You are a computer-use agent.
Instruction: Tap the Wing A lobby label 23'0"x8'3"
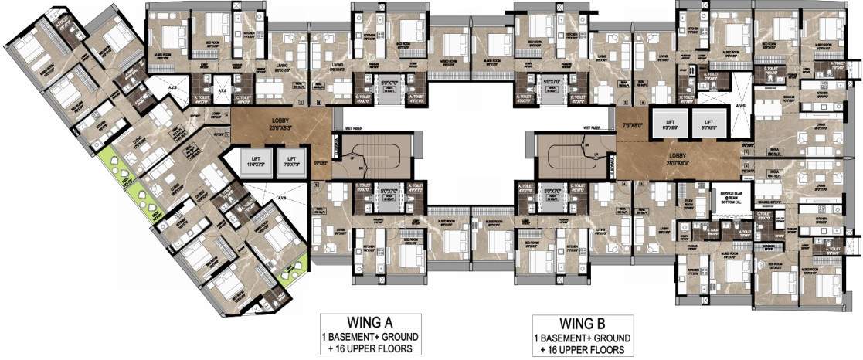tap(280, 124)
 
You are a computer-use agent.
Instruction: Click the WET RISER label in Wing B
tap(593, 128)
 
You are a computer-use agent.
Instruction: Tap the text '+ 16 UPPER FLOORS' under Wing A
tap(370, 348)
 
